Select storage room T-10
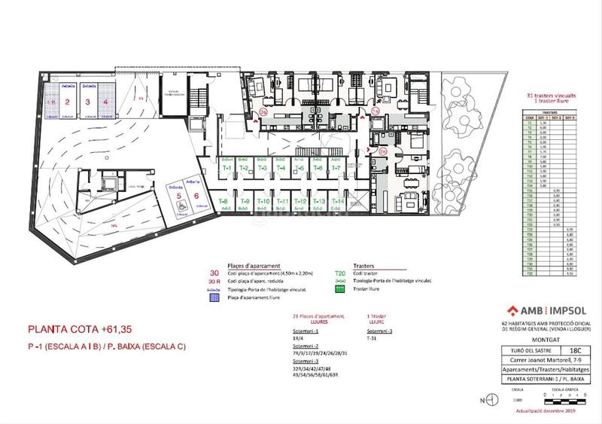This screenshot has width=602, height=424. click(263, 202)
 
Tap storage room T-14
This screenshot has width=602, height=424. click(338, 202)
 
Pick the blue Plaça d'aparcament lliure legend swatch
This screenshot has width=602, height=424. click(214, 297)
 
